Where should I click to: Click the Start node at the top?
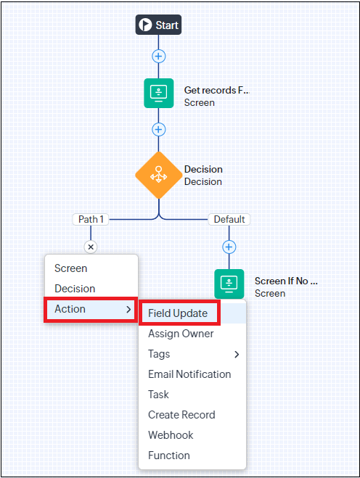[158, 25]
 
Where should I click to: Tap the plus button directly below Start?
[159, 57]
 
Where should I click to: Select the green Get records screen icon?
[159, 93]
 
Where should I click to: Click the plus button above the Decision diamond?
[159, 130]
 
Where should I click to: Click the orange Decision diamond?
[159, 176]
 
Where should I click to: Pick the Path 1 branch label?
[91, 219]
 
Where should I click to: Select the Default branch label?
[229, 219]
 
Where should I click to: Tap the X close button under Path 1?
[91, 247]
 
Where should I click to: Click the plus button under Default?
[229, 247]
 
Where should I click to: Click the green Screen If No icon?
[229, 284]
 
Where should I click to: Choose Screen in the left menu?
[71, 268]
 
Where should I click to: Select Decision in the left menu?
[75, 289]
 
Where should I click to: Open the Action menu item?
[91, 309]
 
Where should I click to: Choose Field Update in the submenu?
[178, 313]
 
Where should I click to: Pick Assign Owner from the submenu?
[181, 334]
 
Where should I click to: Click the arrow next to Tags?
[237, 354]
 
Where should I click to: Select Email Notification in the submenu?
[189, 374]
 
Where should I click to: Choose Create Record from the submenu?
[181, 415]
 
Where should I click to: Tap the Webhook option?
[171, 435]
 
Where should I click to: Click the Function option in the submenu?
[169, 455]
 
